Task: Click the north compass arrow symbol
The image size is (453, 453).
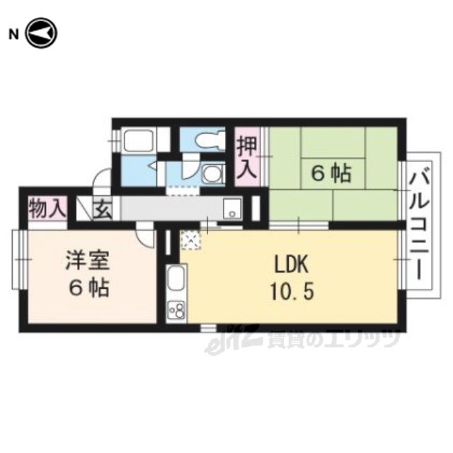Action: (x=42, y=33)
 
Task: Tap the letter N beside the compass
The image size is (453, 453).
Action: (x=13, y=35)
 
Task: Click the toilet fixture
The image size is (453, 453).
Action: (x=211, y=140)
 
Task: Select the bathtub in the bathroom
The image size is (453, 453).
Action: (x=138, y=140)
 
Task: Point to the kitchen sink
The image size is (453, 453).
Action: (x=176, y=278)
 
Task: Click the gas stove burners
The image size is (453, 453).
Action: (x=176, y=310)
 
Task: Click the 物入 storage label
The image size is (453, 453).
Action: (x=47, y=209)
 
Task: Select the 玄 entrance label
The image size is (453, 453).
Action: (x=103, y=210)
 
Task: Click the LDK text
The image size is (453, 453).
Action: (x=291, y=264)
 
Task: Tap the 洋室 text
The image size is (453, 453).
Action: (x=88, y=260)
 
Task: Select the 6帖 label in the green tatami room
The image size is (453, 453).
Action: (x=331, y=173)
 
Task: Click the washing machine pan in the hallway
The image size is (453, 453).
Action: (x=232, y=209)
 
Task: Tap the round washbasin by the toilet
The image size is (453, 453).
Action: (x=213, y=174)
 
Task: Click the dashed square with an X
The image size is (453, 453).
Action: (x=190, y=240)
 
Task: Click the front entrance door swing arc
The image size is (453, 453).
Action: (x=102, y=178)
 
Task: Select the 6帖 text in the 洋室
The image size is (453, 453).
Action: (x=88, y=287)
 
